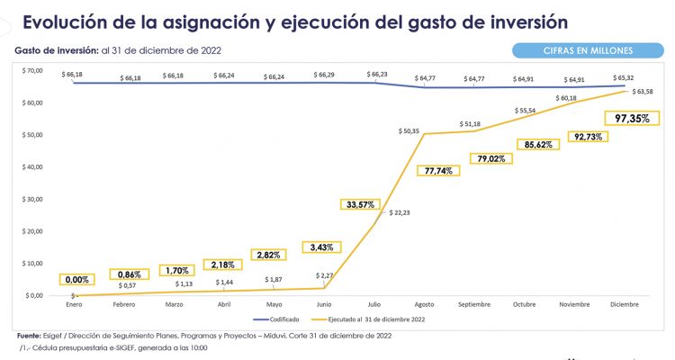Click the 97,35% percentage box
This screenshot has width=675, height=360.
pyautogui.click(x=632, y=118)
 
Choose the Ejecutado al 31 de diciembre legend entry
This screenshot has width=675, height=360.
pyautogui.click(x=370, y=319)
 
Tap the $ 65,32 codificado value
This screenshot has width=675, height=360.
pyautogui.click(x=624, y=78)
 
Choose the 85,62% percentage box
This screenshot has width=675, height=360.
pyautogui.click(x=539, y=144)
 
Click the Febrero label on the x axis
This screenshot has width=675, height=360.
pyautogui.click(x=124, y=305)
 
